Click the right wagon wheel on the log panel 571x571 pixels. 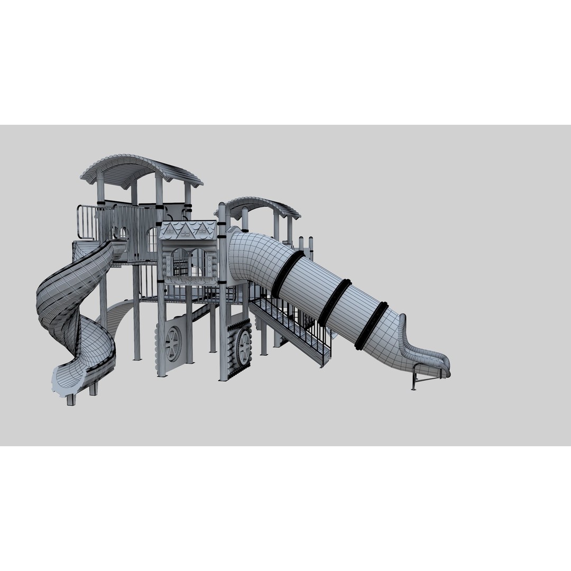click(243, 347)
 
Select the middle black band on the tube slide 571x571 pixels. click(334, 302)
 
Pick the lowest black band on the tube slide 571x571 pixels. click(371, 326)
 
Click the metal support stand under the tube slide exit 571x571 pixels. click(423, 376)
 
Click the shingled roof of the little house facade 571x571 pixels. click(188, 230)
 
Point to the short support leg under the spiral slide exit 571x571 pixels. click(71, 399)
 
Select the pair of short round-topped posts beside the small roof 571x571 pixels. click(306, 245)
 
